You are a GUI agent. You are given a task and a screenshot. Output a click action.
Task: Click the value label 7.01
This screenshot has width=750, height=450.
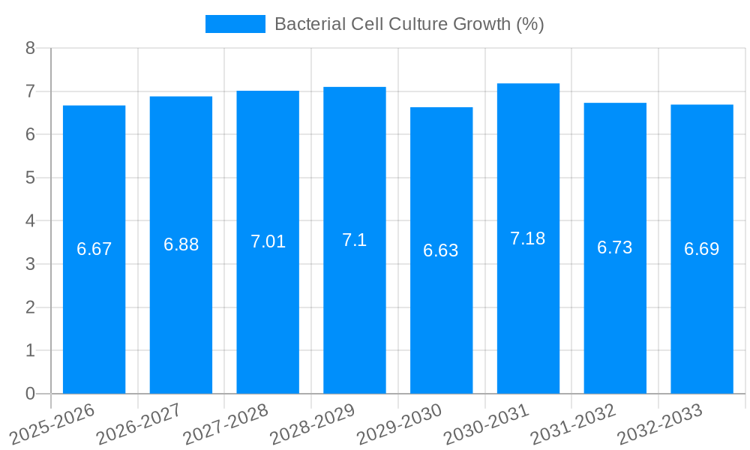point(268,241)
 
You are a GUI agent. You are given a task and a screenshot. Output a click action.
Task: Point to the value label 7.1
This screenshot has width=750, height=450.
point(354,240)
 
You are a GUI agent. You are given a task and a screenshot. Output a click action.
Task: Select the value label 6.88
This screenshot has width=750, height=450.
point(181,244)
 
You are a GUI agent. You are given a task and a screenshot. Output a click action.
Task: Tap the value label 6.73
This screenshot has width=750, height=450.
point(614,247)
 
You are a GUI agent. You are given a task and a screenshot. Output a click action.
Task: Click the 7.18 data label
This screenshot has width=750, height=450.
point(527,238)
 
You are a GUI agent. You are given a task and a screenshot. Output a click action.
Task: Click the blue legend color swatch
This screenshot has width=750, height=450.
point(235,24)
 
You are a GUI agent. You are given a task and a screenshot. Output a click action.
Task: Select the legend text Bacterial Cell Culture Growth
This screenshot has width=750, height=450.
point(409,24)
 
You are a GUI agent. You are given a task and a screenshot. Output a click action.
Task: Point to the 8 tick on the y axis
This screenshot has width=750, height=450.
point(30,48)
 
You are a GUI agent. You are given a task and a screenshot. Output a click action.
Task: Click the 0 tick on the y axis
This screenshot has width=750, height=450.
point(30,394)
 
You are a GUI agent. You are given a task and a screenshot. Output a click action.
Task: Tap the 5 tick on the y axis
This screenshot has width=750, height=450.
point(30,178)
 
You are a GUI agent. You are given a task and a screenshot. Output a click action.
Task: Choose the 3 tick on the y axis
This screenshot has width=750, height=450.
point(30,264)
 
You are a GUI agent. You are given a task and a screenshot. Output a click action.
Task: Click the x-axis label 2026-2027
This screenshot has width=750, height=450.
point(139,423)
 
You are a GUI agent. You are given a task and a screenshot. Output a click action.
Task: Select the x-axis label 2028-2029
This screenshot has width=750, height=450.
point(312,423)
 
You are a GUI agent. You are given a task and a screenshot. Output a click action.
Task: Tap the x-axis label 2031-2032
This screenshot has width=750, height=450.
point(573,423)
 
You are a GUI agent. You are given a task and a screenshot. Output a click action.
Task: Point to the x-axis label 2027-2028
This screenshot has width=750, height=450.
point(226,423)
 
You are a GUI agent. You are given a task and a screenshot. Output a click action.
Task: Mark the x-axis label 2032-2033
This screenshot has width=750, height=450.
point(660,423)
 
